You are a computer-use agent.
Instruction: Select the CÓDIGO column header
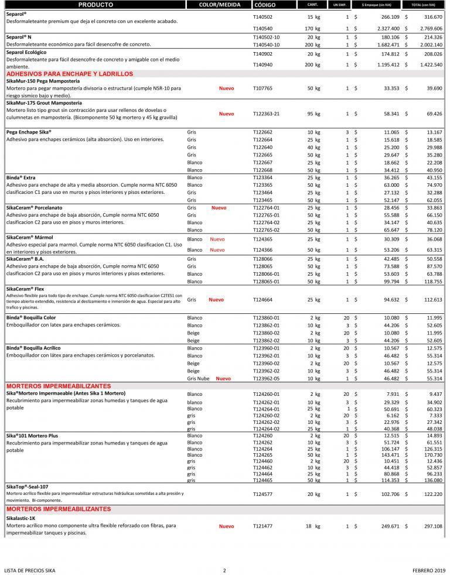265,5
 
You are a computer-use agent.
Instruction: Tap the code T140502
262,18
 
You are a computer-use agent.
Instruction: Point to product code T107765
262,88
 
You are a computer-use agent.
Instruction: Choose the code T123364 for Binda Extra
262,177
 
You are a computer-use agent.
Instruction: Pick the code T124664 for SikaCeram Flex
262,300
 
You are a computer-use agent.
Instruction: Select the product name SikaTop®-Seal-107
28,486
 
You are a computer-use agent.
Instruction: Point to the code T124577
262,494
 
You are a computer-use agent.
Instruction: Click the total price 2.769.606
431,28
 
